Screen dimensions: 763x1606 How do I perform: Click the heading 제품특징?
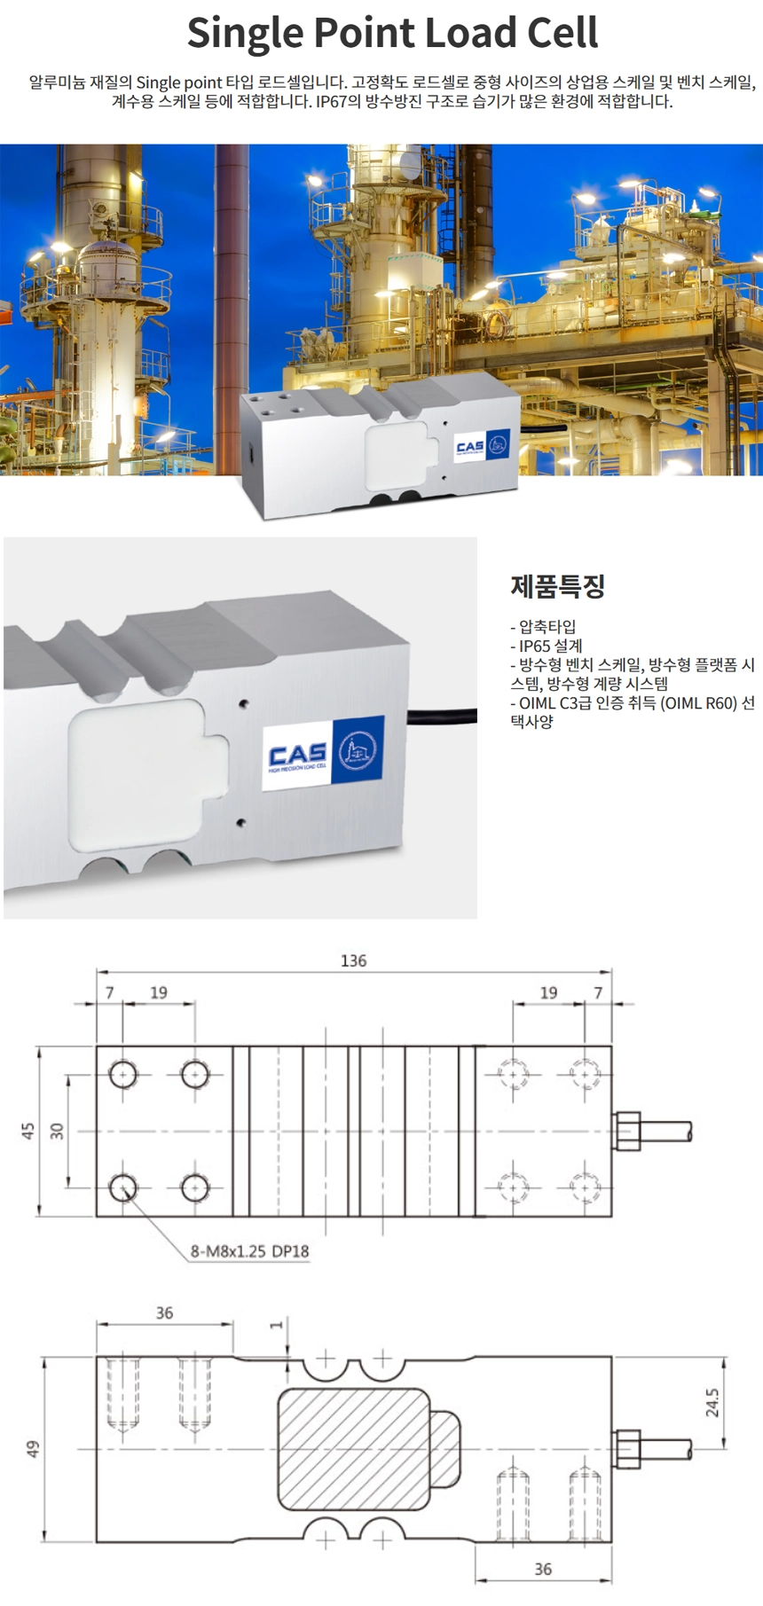tap(557, 586)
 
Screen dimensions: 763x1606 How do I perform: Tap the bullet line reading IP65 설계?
tap(547, 646)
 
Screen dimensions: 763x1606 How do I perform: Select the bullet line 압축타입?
tap(543, 626)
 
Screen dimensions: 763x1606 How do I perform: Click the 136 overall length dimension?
tap(353, 960)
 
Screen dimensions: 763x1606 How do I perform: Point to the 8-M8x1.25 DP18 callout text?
tap(250, 1251)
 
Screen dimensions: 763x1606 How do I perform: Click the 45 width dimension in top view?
tap(28, 1132)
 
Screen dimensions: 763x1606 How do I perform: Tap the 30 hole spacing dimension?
tap(57, 1132)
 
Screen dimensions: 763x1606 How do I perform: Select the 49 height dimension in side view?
tap(33, 1449)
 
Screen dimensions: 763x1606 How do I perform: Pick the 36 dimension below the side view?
tap(543, 1569)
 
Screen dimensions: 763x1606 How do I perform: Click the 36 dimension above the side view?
tap(164, 1312)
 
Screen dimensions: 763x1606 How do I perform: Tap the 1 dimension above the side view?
tap(277, 1325)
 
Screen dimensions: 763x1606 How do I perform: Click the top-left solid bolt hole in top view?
tap(122, 1075)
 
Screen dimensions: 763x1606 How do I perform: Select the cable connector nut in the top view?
tap(626, 1131)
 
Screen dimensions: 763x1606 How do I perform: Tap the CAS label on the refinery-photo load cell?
tap(483, 445)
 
